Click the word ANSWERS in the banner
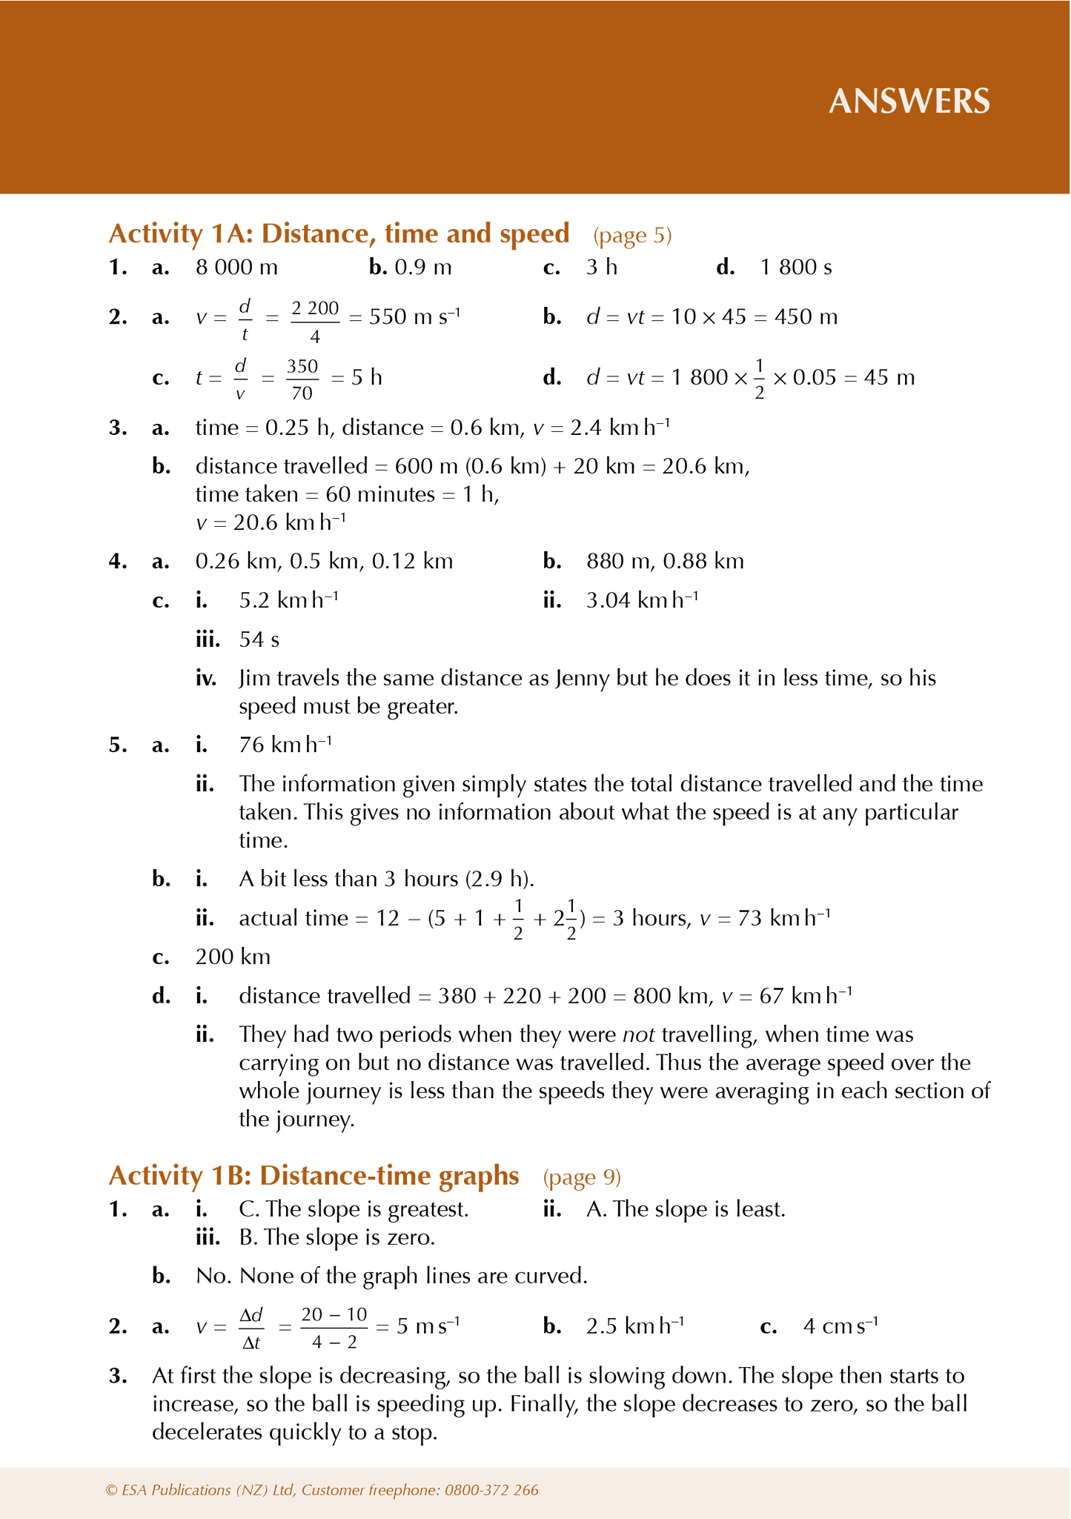click(909, 102)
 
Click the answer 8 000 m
click(236, 267)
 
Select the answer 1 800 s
click(796, 267)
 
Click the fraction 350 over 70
click(302, 379)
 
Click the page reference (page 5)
click(632, 236)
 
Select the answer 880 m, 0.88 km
click(665, 562)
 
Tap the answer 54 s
click(259, 639)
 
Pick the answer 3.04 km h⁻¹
click(642, 599)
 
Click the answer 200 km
click(233, 957)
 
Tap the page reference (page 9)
click(582, 1177)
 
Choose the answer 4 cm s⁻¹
click(840, 1326)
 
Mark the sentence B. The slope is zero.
click(336, 1237)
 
